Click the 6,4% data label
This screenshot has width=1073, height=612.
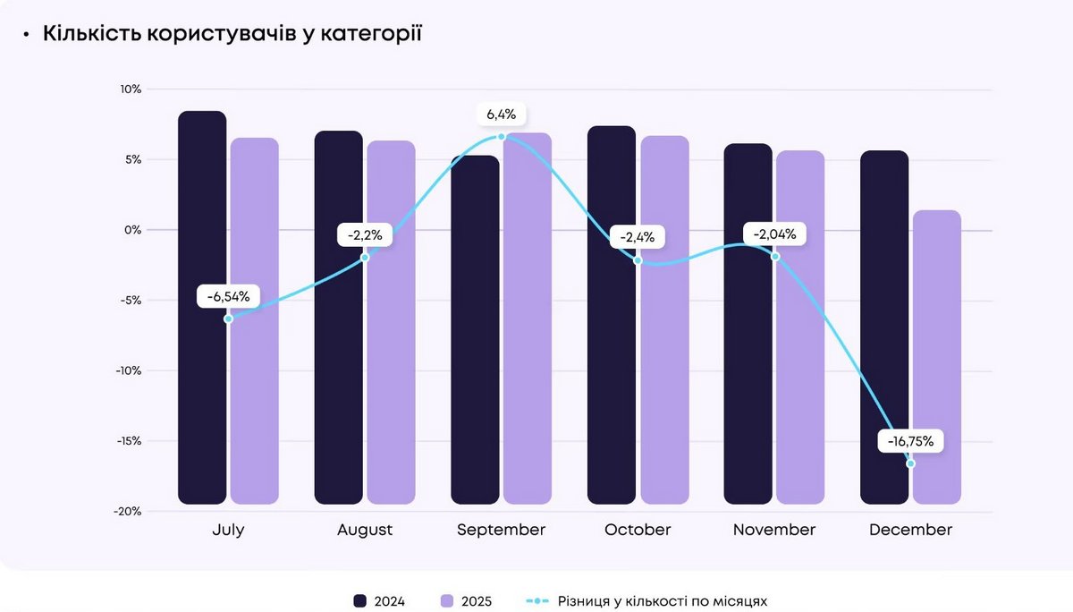(502, 115)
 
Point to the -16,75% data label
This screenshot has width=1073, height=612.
(911, 441)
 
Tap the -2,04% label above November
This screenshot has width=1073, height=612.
(774, 234)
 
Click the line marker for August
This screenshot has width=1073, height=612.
(365, 258)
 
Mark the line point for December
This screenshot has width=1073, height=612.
(910, 463)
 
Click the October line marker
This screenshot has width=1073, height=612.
(638, 260)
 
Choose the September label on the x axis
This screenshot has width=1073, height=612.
(501, 530)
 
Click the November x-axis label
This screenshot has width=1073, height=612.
(774, 530)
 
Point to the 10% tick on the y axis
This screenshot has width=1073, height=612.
(131, 89)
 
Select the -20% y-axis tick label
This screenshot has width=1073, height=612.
(128, 511)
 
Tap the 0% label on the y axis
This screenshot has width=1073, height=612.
(132, 230)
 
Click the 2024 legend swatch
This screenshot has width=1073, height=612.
(360, 601)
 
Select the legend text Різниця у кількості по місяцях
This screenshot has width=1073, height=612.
(662, 601)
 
